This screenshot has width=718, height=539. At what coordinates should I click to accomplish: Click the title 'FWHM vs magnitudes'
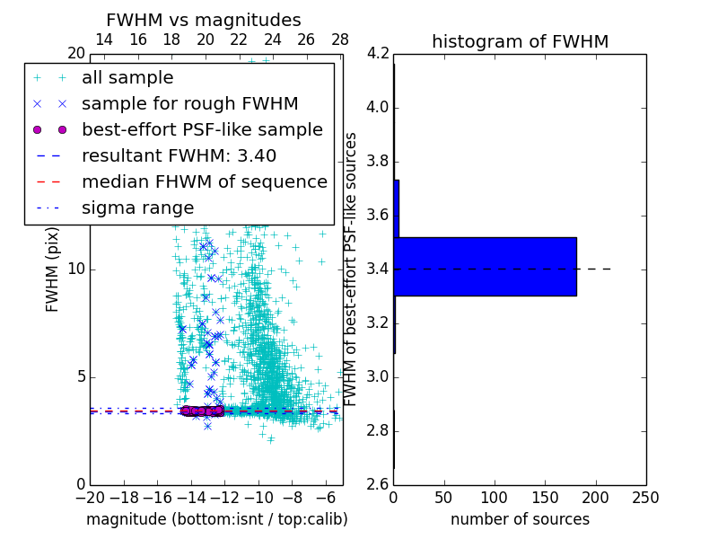[x=204, y=21]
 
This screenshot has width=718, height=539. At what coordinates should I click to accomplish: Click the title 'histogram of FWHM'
[x=520, y=41]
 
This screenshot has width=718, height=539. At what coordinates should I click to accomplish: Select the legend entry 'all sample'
[x=127, y=78]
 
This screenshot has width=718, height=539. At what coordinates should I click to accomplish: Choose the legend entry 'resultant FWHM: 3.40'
[x=179, y=155]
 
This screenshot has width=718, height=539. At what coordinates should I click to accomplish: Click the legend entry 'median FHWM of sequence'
[x=205, y=181]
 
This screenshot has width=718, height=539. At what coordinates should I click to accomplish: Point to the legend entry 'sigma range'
[x=137, y=208]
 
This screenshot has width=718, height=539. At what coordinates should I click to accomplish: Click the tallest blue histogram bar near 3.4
[x=485, y=266]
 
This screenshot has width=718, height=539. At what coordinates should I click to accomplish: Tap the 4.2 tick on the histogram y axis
[x=377, y=54]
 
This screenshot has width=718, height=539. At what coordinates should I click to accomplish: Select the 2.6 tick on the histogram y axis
[x=377, y=484]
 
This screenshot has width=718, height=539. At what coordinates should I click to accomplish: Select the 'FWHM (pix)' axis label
[x=53, y=269]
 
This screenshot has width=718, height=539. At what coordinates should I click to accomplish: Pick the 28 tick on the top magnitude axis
[x=340, y=40]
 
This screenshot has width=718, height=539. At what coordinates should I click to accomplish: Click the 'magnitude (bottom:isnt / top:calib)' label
[x=216, y=519]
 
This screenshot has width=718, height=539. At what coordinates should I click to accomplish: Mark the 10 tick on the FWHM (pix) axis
[x=75, y=269]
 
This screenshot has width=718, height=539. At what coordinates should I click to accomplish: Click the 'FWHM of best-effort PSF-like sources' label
[x=352, y=269]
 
